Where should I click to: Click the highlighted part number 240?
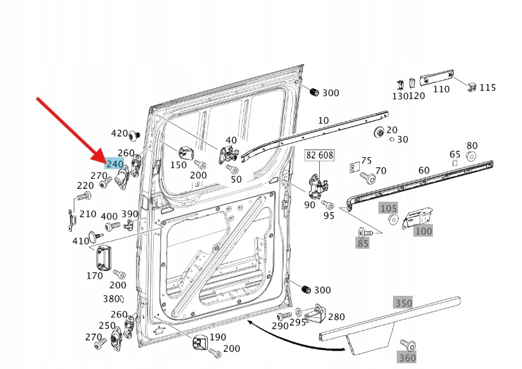pos(114,164)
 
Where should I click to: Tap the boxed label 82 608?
pos(320,155)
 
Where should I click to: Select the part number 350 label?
pos(403,303)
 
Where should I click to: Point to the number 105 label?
pos(388,208)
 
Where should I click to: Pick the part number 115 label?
pos(488,88)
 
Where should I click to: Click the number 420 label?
pos(119,134)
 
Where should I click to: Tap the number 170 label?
pos(94,275)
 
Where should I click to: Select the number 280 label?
pos(336,317)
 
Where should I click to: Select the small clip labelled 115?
pos(471,86)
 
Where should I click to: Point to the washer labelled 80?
pos(470,157)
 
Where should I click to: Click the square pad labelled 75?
pos(354,167)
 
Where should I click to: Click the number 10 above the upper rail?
pos(323,120)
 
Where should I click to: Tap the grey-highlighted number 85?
pos(363,243)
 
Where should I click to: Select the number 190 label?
pos(217,337)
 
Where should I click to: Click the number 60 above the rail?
pos(423,171)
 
